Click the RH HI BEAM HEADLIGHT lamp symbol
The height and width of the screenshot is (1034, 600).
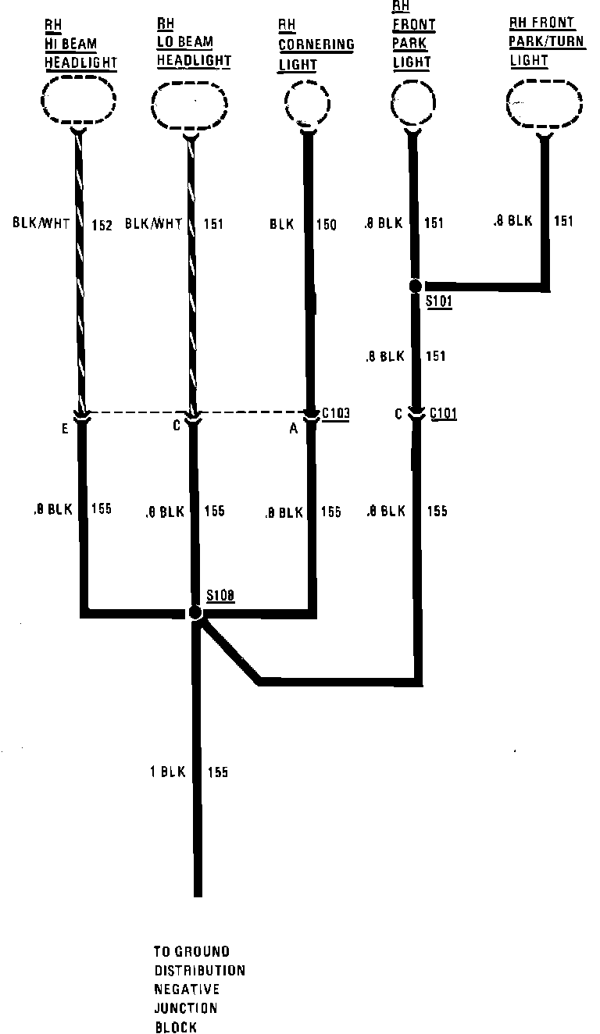[78, 102]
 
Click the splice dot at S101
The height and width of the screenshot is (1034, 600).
[416, 287]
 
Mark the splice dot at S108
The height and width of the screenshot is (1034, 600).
[195, 613]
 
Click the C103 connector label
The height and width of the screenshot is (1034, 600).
[335, 412]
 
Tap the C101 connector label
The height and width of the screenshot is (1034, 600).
[443, 413]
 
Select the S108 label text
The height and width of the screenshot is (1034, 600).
[221, 597]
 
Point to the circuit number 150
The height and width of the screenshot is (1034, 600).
[326, 225]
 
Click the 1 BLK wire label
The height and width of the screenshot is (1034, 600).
[168, 772]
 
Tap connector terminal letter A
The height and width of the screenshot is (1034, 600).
[294, 428]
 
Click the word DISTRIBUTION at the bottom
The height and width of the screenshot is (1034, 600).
[199, 971]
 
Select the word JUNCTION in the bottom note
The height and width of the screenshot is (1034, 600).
[185, 1008]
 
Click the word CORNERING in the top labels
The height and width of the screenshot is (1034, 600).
[316, 45]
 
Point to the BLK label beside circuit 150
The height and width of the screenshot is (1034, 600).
[281, 225]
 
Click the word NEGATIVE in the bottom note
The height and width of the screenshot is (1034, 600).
[186, 989]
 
